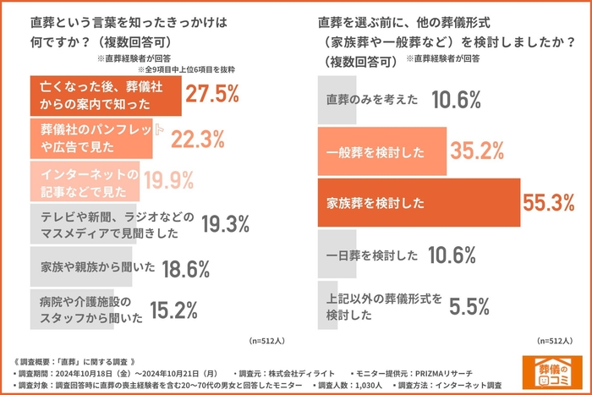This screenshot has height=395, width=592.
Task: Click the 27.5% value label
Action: (x=211, y=95)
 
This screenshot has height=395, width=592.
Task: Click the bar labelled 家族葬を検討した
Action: (x=419, y=203)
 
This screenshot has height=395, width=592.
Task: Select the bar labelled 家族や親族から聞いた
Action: (x=81, y=267)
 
